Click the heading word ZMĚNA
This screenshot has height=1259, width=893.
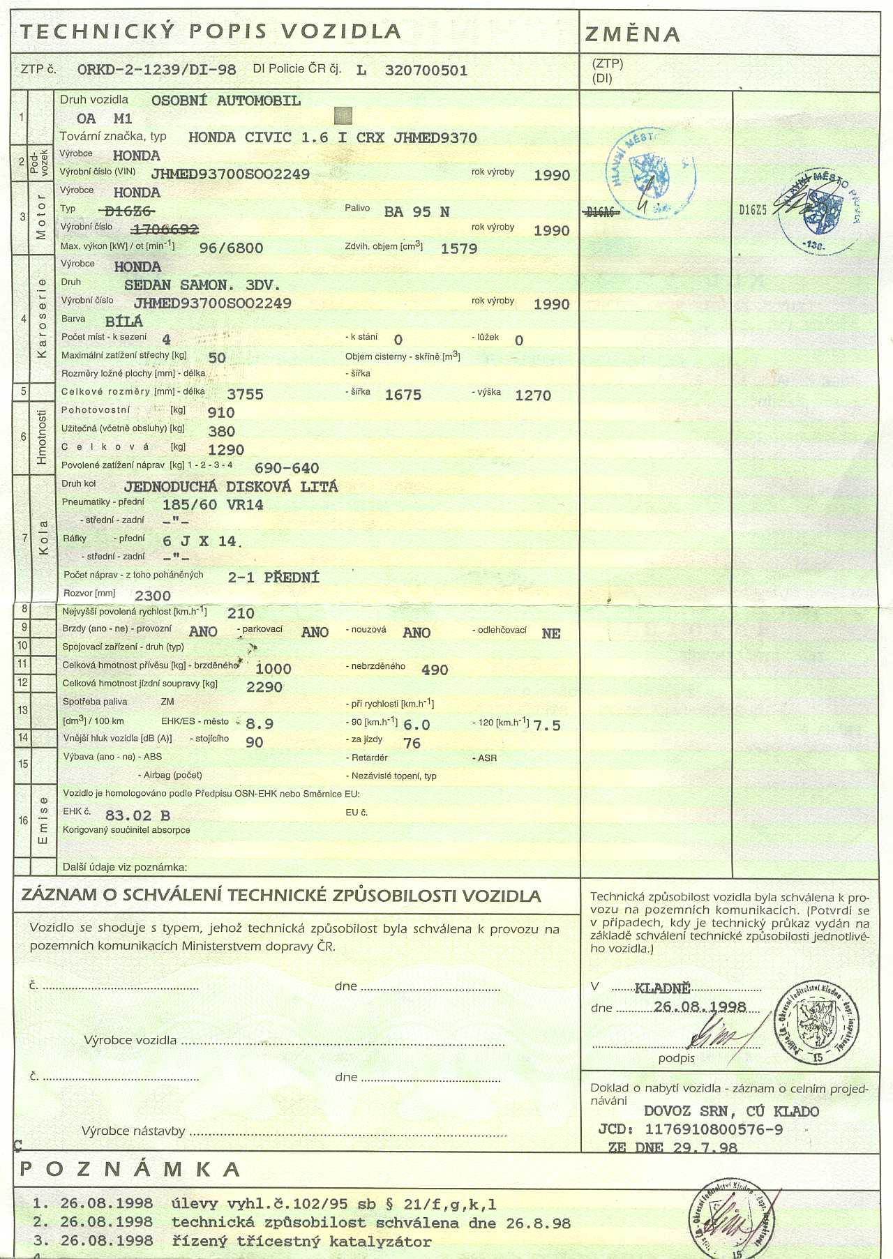click(x=632, y=34)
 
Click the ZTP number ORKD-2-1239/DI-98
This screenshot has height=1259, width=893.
click(x=156, y=70)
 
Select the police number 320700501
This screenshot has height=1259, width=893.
click(x=426, y=70)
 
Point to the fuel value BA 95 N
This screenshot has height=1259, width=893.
click(x=417, y=211)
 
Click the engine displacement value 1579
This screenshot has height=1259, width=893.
click(x=458, y=248)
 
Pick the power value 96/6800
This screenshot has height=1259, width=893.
click(x=231, y=248)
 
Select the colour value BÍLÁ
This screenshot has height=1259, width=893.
click(x=123, y=322)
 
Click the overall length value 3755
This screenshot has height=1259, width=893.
click(x=245, y=395)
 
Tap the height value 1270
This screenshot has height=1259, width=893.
click(x=533, y=395)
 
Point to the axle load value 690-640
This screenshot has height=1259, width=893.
click(x=287, y=468)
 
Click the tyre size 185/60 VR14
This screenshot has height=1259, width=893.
click(x=213, y=505)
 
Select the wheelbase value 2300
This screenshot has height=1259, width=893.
click(x=153, y=596)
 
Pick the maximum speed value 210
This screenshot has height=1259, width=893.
click(x=241, y=613)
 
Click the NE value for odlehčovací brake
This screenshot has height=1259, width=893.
click(x=550, y=633)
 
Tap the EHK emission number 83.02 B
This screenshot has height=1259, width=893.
click(x=137, y=815)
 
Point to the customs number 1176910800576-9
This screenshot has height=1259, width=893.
click(x=714, y=1129)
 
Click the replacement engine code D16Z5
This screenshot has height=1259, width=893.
click(x=753, y=210)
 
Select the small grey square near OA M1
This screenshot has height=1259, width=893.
click(x=343, y=116)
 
